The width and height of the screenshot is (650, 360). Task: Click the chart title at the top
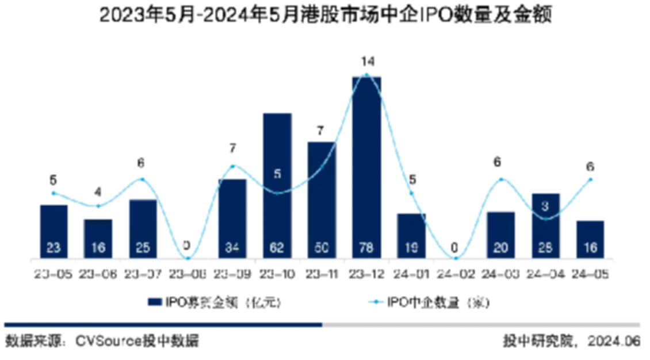325,16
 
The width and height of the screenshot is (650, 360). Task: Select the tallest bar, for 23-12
366,167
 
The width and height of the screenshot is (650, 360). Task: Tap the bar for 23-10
277,184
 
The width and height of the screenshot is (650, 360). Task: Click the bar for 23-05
53,230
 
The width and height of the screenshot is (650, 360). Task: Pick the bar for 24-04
545,224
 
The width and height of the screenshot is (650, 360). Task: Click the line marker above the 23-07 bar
143,179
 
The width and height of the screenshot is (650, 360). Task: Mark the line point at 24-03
500,179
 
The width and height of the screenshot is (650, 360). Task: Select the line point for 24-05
590,179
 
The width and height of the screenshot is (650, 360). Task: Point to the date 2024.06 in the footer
614,340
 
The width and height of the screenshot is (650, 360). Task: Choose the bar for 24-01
411,235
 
